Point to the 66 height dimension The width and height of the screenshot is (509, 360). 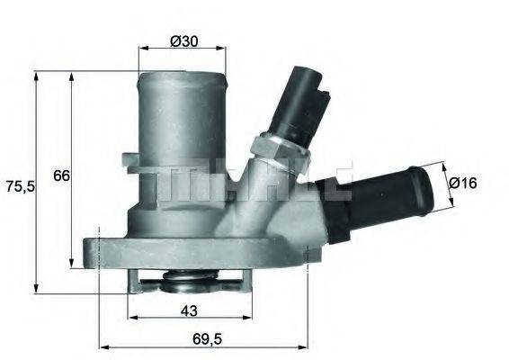click(60, 176)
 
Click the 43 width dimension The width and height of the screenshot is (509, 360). click(189, 310)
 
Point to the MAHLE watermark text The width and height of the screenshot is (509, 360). click(252, 180)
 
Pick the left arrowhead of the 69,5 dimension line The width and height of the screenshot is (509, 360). click(101, 346)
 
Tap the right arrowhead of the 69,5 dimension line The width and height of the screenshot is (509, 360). click(306, 346)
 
